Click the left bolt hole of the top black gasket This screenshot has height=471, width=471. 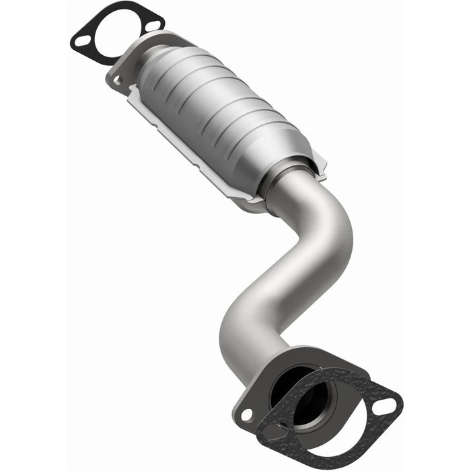[x=81, y=41]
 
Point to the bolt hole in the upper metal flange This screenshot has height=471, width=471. [x=118, y=81]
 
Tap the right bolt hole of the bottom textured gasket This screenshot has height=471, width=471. [x=387, y=405]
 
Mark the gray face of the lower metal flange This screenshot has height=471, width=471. [x=259, y=397]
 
